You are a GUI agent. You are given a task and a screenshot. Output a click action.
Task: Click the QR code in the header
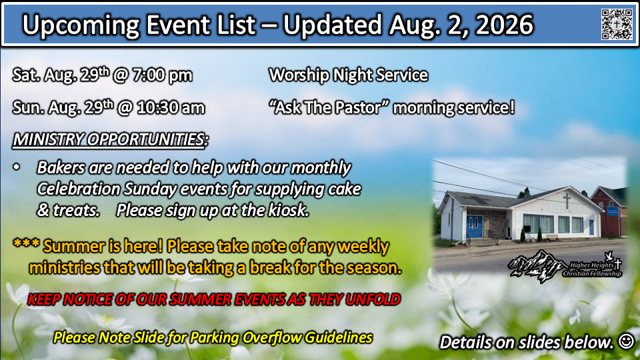point(617,24)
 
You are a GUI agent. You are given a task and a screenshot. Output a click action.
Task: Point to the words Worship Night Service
point(348,75)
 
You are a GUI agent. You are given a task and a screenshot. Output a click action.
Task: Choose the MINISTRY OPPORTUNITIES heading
point(110,139)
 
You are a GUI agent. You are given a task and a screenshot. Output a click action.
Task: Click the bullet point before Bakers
point(16,167)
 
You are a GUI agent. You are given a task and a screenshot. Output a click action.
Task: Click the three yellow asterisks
point(26,244)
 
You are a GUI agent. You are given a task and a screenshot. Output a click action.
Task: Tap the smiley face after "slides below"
point(626,341)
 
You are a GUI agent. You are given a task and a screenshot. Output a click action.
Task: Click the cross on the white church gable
point(567,201)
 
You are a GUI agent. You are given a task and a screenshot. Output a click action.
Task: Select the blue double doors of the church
point(474,227)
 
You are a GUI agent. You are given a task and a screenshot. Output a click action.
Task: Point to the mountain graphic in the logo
point(535,265)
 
